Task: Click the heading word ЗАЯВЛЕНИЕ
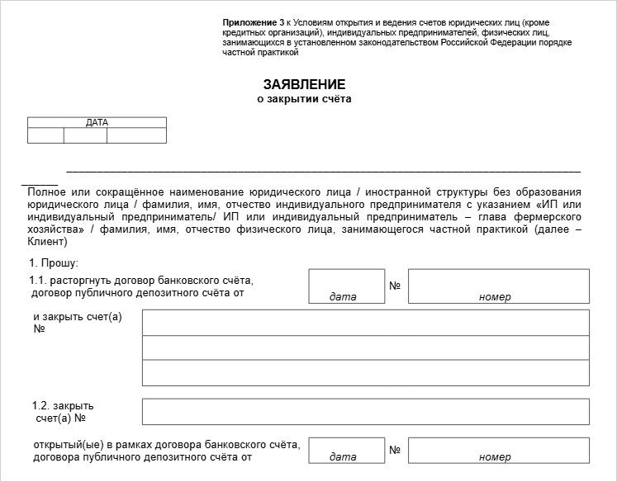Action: [x=304, y=84]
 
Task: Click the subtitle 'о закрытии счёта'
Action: [x=304, y=99]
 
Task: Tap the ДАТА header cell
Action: [x=97, y=123]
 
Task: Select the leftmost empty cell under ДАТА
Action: [x=45, y=136]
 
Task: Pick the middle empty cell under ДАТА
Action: [x=85, y=136]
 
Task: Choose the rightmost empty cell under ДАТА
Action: [x=136, y=136]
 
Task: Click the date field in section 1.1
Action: [x=346, y=286]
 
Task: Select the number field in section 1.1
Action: [x=498, y=286]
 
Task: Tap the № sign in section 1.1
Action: [x=395, y=286]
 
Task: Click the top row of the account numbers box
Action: [x=365, y=323]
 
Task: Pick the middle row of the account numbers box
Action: [x=365, y=348]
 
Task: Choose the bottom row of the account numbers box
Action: [x=365, y=373]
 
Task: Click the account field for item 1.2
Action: [x=365, y=411]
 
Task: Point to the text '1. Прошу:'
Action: [x=54, y=263]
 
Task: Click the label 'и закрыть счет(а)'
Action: [x=78, y=316]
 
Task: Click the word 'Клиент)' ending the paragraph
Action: [x=47, y=243]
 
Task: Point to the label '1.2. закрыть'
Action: [x=63, y=406]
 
